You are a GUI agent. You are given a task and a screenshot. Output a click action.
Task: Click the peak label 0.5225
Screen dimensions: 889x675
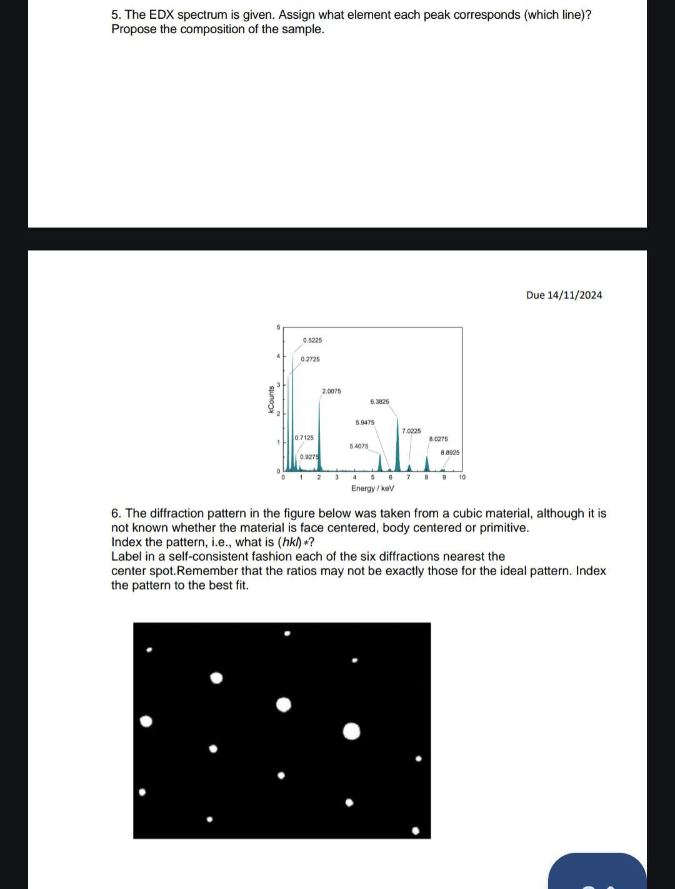pyautogui.click(x=312, y=340)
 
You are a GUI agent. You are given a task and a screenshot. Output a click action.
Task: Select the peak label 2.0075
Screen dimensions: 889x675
pyautogui.click(x=331, y=391)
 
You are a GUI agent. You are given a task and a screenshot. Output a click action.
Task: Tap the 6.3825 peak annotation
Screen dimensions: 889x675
pyautogui.click(x=379, y=401)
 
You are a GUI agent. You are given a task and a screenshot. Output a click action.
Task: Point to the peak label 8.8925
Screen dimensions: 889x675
pyautogui.click(x=450, y=452)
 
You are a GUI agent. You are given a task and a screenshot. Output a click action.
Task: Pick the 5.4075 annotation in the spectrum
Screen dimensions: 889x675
pyautogui.click(x=359, y=446)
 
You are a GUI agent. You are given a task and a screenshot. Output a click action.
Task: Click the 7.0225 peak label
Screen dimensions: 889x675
pyautogui.click(x=411, y=431)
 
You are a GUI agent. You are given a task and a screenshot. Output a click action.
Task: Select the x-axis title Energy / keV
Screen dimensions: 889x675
pyautogui.click(x=372, y=488)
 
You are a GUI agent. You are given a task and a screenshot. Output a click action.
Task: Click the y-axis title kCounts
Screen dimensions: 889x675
pyautogui.click(x=271, y=399)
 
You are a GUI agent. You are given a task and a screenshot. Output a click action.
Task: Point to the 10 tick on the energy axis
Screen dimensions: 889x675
pyautogui.click(x=462, y=477)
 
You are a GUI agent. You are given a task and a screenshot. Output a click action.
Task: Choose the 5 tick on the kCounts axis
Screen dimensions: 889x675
pyautogui.click(x=279, y=327)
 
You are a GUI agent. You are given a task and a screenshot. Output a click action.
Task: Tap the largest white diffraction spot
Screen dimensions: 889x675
pyautogui.click(x=352, y=731)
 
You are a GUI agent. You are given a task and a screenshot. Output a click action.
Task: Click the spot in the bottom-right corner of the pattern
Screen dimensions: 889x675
pyautogui.click(x=416, y=831)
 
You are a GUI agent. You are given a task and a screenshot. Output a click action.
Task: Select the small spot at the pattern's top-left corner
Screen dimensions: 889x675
pyautogui.click(x=149, y=650)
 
